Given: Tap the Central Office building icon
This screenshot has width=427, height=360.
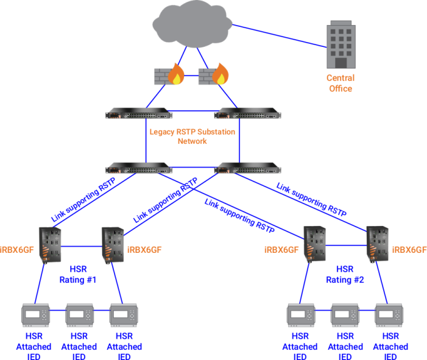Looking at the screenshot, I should click(x=340, y=44).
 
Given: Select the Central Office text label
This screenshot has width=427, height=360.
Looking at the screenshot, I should click(x=340, y=83).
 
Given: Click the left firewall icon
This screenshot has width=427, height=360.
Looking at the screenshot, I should click(x=168, y=76).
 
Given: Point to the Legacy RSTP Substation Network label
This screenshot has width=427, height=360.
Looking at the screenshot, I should click(x=192, y=136).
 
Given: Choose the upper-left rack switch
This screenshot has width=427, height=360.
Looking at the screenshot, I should click(x=138, y=115).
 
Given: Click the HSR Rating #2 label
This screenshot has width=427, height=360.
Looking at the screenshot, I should click(x=345, y=275).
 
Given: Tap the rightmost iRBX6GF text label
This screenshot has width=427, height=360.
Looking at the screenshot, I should click(x=410, y=249).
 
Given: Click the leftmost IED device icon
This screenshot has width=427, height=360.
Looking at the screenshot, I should click(x=34, y=315).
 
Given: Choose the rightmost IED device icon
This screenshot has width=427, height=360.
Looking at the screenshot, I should click(x=390, y=315).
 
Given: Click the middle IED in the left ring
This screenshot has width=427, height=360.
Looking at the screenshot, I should click(x=79, y=315).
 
